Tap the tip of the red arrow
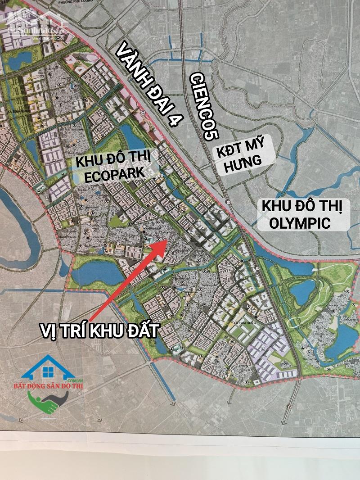166,240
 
